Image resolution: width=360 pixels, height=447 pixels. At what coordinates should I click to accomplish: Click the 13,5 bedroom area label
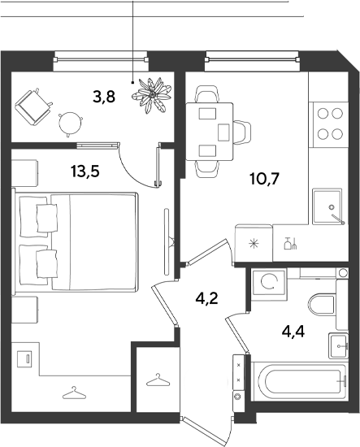click(85, 171)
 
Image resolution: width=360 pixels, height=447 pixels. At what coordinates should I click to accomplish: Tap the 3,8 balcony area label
click(104, 97)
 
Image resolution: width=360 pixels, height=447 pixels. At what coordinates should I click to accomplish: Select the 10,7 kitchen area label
click(264, 179)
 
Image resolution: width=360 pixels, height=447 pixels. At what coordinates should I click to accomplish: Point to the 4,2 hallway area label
click(206, 298)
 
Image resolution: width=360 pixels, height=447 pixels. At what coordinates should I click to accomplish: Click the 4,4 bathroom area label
click(293, 332)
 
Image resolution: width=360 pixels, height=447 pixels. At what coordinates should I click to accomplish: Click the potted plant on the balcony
click(152, 95)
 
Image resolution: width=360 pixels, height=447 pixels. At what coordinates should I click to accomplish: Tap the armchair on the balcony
click(33, 107)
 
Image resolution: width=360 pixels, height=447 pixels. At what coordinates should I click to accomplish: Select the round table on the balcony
click(70, 124)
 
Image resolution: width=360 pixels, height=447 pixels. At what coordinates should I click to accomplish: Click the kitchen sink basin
click(327, 206)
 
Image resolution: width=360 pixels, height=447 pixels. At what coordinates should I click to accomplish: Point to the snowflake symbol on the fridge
click(253, 244)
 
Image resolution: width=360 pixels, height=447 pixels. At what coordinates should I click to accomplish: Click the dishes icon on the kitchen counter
click(290, 244)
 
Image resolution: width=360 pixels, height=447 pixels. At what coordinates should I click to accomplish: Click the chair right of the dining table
click(242, 132)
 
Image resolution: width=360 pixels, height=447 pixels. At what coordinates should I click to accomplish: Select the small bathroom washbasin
click(339, 345)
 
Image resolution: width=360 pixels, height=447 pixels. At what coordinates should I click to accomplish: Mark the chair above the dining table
click(207, 94)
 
